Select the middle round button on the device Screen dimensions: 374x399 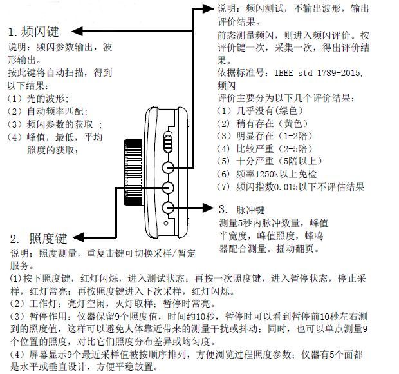coord(168,188)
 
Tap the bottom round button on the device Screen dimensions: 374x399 coord(169,208)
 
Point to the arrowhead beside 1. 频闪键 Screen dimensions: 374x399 coord(73,30)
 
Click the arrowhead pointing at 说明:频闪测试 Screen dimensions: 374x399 coord(207,8)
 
